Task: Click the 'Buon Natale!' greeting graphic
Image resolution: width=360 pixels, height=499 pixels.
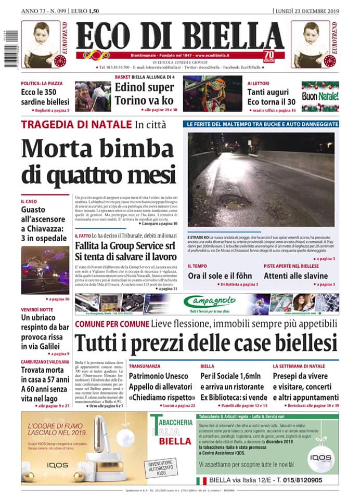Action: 320,96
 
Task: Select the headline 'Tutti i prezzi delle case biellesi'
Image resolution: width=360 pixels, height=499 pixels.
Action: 206,344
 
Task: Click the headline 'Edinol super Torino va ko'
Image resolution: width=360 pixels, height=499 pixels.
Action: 144,94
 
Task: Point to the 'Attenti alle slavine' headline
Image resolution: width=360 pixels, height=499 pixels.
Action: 295,275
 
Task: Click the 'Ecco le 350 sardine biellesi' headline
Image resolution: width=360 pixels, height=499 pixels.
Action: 45,97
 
